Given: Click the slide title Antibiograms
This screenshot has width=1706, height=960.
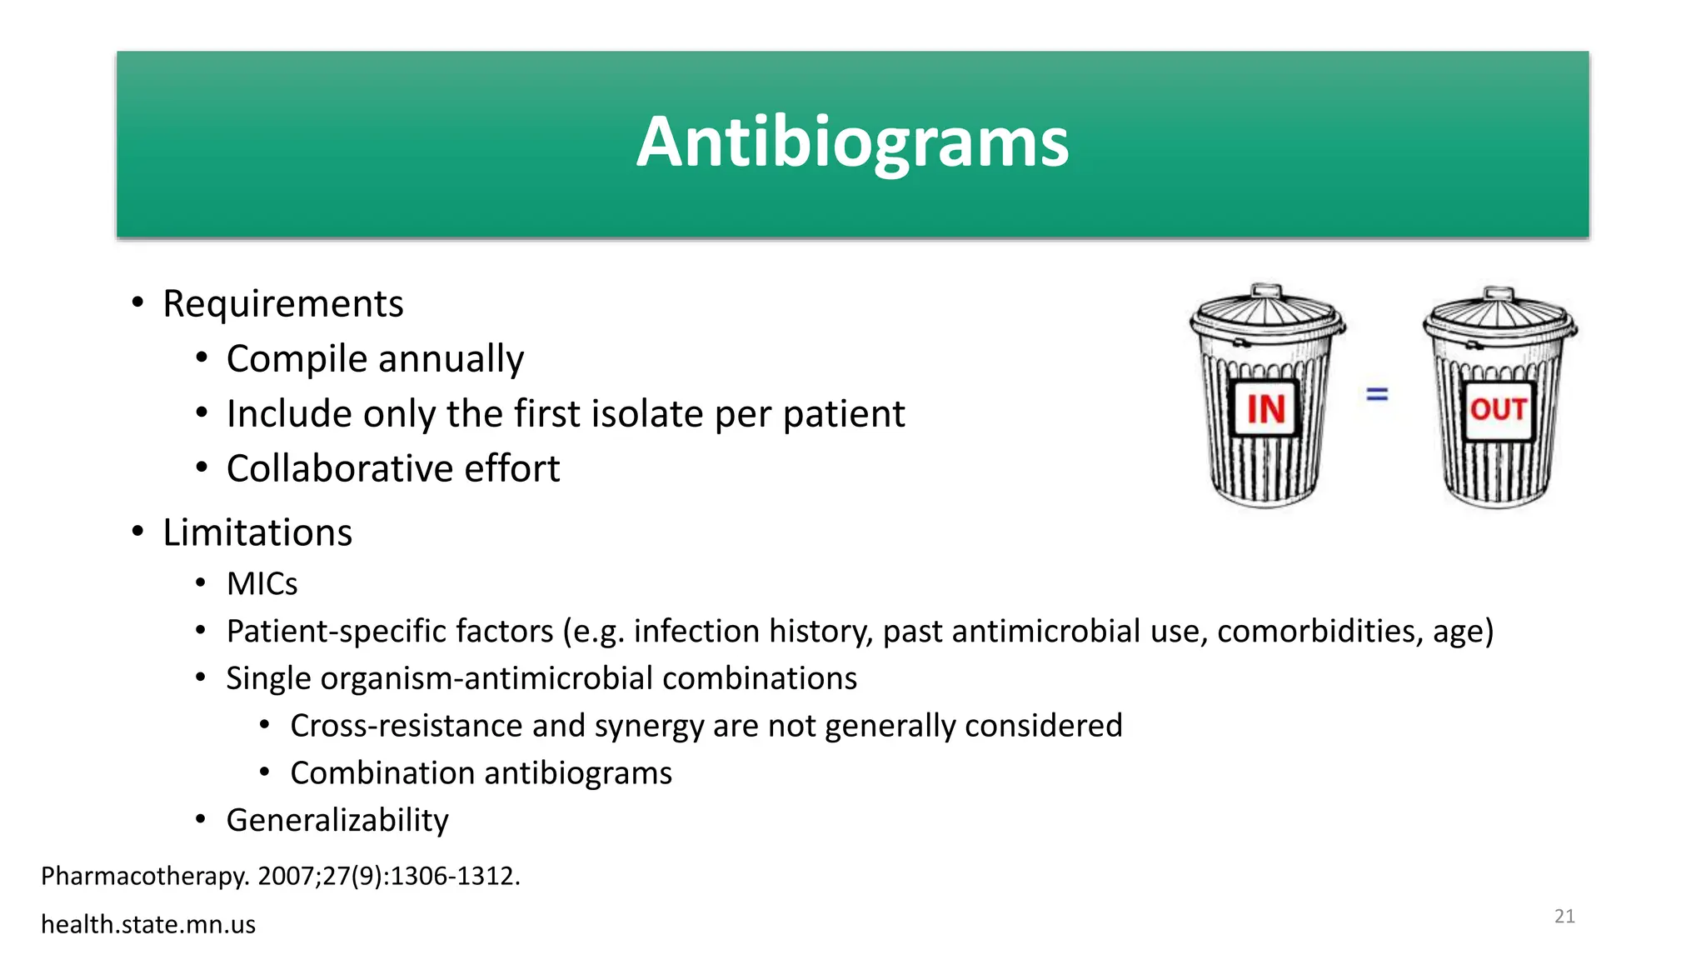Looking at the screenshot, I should click(x=852, y=142).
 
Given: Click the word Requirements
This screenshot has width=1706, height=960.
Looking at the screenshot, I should click(x=282, y=303).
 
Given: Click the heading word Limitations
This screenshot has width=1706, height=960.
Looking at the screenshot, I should click(x=257, y=532).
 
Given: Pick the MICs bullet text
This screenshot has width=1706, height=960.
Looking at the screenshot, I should click(x=262, y=584).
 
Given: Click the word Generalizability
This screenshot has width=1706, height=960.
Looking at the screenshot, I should click(x=337, y=820).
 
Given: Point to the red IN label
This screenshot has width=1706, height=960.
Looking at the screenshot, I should click(x=1265, y=409).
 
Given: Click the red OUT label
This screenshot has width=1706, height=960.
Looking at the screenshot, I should click(x=1498, y=409).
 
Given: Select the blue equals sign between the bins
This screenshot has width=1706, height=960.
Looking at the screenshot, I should click(x=1377, y=393).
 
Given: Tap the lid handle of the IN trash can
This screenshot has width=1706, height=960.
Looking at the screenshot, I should click(x=1267, y=291).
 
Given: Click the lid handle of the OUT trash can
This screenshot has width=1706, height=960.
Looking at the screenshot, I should click(x=1499, y=293).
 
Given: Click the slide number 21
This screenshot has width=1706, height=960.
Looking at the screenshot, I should click(x=1564, y=917).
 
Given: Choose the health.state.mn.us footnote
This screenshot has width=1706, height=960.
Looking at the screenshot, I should click(x=148, y=924).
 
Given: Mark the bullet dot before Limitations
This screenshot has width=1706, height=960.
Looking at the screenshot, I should click(x=138, y=532).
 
